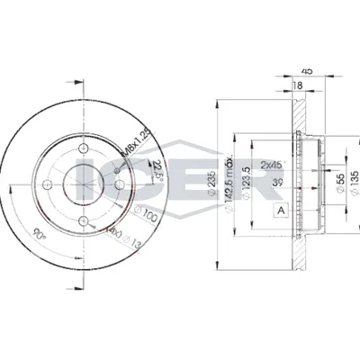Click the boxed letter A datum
click(280, 211)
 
